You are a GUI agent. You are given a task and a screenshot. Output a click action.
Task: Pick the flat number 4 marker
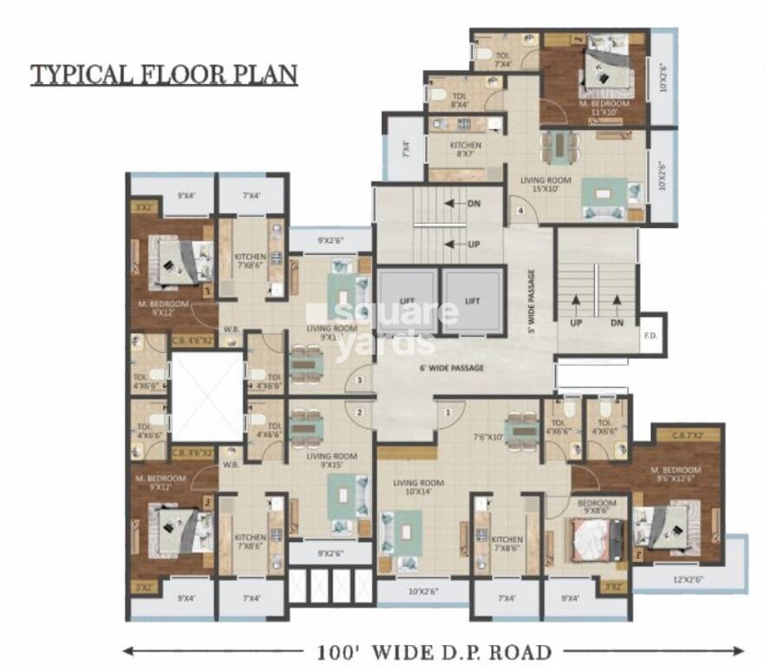click(521, 211)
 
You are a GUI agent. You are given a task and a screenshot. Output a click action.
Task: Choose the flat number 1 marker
click(448, 413)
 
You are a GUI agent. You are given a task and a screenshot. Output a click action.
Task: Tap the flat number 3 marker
click(359, 379)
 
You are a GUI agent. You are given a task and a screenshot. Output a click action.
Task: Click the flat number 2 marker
click(359, 413)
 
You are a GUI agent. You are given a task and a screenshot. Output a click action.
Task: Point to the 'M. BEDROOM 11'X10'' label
click(605, 108)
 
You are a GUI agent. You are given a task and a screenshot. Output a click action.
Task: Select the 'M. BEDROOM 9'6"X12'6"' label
click(678, 475)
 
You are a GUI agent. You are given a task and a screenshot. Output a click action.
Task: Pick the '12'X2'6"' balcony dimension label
click(689, 578)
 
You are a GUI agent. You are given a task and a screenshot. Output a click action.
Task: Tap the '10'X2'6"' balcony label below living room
click(422, 593)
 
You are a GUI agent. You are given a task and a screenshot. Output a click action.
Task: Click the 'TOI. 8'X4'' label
click(460, 100)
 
